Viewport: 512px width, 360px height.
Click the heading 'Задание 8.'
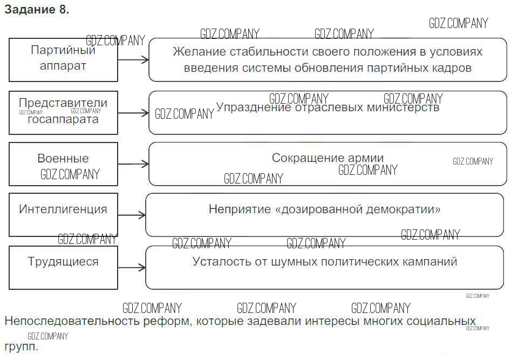tap(37, 10)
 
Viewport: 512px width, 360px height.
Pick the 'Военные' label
tap(63, 158)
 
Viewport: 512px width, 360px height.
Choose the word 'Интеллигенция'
tap(63, 209)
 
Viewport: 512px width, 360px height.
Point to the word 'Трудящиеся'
tap(63, 262)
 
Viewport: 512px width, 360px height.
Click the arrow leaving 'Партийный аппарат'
tap(133, 60)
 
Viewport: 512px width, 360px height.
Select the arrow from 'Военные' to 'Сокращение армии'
tap(133, 164)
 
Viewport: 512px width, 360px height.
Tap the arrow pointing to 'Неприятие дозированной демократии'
tap(132, 215)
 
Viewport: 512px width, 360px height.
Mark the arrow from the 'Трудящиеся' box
tap(132, 268)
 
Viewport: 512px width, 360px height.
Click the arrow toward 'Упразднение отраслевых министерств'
tap(133, 113)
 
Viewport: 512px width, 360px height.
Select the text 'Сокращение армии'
tap(327, 158)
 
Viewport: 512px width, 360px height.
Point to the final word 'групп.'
tap(21, 347)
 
